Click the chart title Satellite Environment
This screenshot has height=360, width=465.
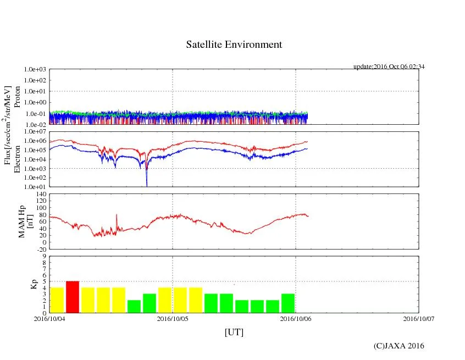tap(234, 45)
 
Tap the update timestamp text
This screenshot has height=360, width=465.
tap(389, 67)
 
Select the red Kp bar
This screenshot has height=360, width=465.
tap(73, 297)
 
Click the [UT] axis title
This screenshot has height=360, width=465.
tap(234, 332)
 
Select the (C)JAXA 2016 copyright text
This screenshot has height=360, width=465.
tap(398, 346)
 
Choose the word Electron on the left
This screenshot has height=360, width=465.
tap(17, 159)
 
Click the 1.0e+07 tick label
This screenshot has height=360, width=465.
tap(36, 132)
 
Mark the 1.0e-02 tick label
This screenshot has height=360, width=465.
tap(36, 124)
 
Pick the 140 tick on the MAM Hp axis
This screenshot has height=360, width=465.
tap(41, 194)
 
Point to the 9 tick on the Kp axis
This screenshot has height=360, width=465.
tap(44, 256)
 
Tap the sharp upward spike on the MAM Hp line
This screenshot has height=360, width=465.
tap(117, 215)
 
